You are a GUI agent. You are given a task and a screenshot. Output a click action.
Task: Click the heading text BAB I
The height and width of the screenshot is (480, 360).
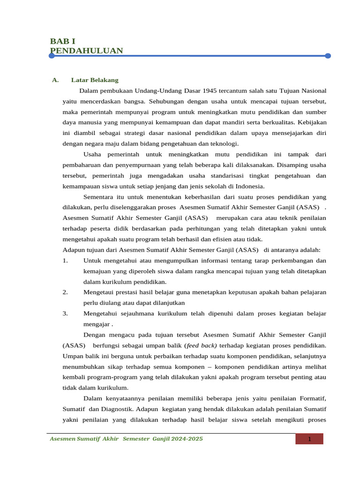point(62,41)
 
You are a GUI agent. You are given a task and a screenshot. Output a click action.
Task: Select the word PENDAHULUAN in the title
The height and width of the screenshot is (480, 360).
point(86,50)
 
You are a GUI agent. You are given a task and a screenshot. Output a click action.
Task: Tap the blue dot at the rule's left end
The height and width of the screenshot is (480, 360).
point(52,56)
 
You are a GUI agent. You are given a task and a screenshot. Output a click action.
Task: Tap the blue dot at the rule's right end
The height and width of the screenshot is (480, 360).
point(328,56)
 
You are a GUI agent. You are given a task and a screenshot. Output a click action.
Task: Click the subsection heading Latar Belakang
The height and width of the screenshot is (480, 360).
point(95,80)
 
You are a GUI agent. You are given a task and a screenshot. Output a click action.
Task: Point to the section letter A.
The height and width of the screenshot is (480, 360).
point(55,80)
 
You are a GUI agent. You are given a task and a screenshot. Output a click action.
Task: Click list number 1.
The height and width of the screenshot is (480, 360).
point(65,261)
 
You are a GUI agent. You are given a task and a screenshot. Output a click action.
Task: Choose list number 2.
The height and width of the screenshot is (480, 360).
point(65,292)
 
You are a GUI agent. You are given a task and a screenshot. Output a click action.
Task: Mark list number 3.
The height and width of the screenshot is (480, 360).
point(65,314)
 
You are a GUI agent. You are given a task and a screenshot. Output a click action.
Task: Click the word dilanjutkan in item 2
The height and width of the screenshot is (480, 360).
point(165,303)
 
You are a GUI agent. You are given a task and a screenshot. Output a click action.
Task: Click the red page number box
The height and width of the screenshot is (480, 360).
point(309,439)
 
